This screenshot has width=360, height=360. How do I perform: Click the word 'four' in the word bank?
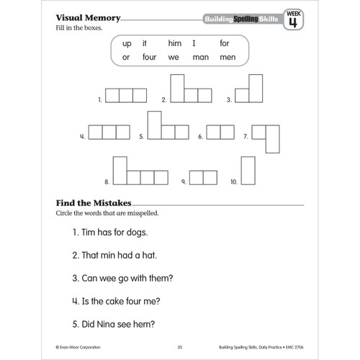tap(150, 58)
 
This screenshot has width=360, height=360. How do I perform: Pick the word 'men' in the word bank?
tap(227, 58)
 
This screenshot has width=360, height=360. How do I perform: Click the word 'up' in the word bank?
tap(127, 43)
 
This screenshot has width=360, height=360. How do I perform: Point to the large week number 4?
tap(292, 22)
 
